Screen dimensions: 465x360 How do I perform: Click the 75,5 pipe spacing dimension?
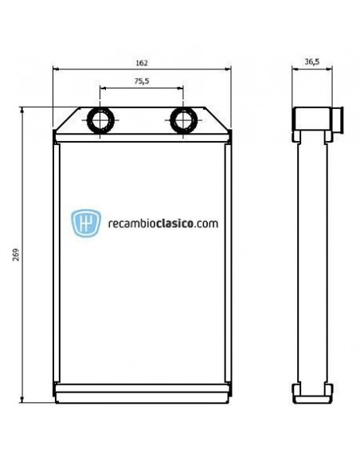click(142, 80)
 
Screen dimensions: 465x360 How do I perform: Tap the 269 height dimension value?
click(15, 255)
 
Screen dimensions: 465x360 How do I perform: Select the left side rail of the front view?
click(57, 263)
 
